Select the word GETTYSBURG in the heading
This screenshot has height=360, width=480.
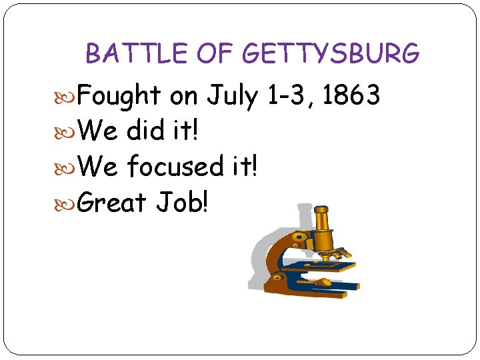click(x=331, y=53)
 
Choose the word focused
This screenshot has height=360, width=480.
click(x=175, y=165)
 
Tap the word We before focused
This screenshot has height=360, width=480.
click(x=98, y=165)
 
